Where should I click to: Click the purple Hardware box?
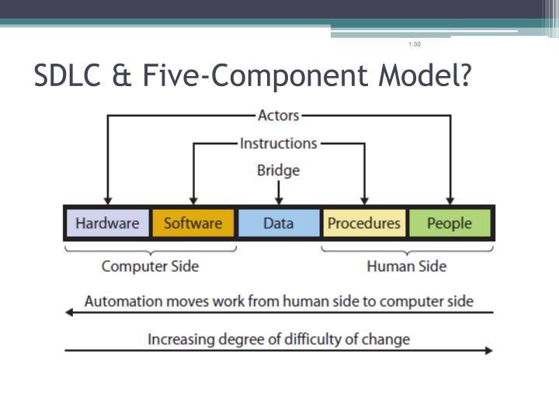click(107, 223)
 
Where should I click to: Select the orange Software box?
click(193, 223)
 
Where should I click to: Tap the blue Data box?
click(278, 223)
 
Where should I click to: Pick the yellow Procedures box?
click(363, 223)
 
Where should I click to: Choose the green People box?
click(450, 223)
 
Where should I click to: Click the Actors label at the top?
click(278, 115)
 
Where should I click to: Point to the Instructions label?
click(278, 144)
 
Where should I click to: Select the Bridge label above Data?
click(278, 170)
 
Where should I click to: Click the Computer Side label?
click(150, 266)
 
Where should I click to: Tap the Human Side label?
click(406, 266)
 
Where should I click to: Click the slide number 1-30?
click(414, 44)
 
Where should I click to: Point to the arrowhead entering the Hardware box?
click(107, 200)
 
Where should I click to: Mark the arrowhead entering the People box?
click(450, 200)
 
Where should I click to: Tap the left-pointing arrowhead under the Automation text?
click(69, 312)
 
